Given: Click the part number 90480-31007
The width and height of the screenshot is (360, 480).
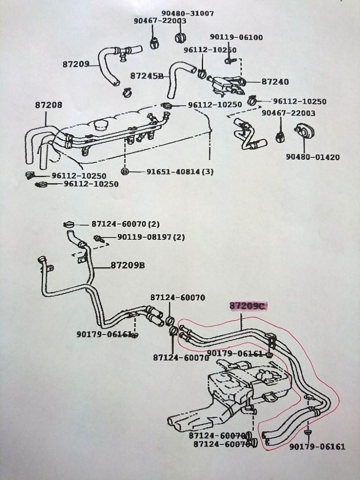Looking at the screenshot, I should click(x=187, y=13).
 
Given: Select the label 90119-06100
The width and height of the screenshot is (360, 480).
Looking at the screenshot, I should click(x=236, y=38).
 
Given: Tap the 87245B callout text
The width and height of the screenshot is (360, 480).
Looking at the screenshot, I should click(x=147, y=76).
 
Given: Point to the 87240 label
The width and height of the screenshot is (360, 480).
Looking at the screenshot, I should click(x=275, y=82).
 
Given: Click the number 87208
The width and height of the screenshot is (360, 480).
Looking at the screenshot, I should click(x=48, y=105).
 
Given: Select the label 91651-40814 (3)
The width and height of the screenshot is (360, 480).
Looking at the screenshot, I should click(x=174, y=172).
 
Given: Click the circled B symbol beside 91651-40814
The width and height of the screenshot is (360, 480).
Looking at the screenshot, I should click(x=125, y=172).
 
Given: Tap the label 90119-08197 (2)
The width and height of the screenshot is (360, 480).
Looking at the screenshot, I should click(x=151, y=237).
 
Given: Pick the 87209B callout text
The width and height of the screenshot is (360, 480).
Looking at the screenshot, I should click(x=128, y=265).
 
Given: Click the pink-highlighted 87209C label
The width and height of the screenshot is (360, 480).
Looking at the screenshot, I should click(x=248, y=306).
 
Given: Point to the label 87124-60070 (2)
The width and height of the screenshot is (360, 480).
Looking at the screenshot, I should click(x=126, y=225).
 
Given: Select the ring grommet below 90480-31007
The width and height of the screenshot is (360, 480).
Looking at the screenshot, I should click(x=180, y=36).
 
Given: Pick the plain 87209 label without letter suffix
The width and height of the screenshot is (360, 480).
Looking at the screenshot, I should click(x=77, y=64).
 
